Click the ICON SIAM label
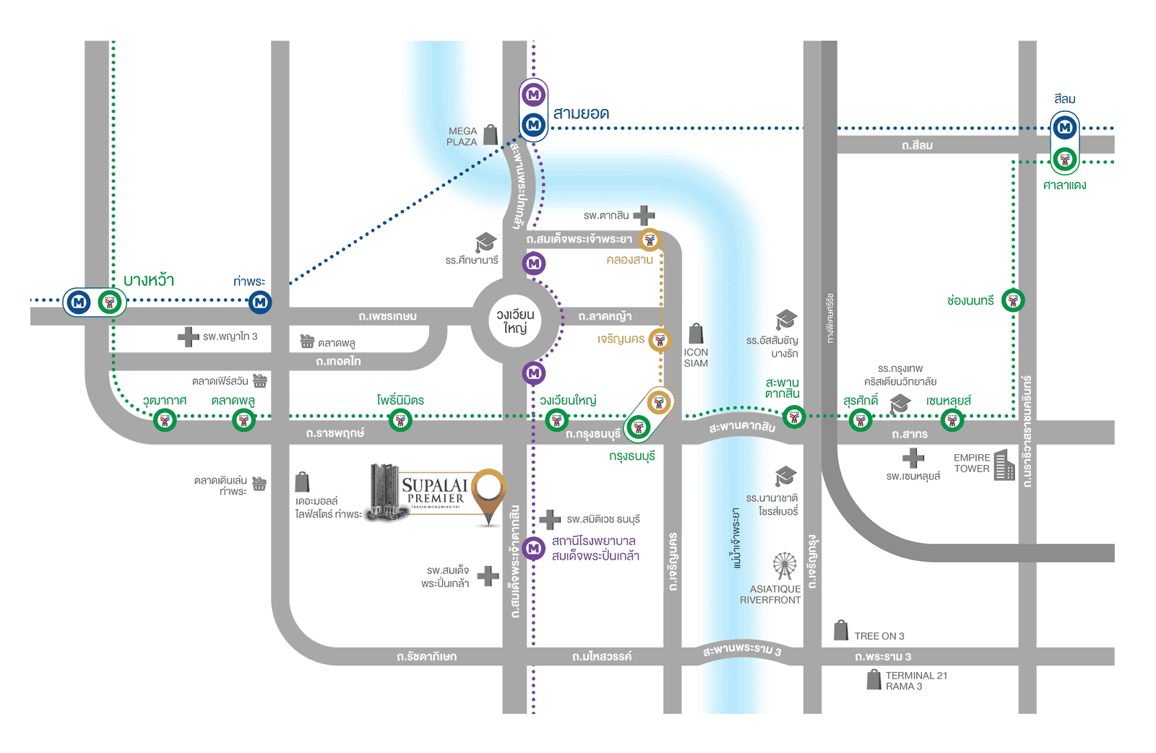click(x=696, y=358)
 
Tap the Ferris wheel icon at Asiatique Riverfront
click(x=784, y=566)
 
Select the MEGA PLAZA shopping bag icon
click(x=491, y=134)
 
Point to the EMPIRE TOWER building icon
click(x=1004, y=465)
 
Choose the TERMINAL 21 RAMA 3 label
click(x=915, y=681)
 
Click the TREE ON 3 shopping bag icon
click(x=840, y=630)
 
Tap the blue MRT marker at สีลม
click(x=1064, y=129)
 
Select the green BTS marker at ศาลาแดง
click(x=1064, y=160)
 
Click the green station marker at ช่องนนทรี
click(x=1013, y=300)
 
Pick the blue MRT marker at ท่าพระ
click(x=260, y=302)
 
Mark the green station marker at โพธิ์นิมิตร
click(x=400, y=420)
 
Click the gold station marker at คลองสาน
click(x=650, y=240)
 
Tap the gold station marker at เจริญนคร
click(x=659, y=339)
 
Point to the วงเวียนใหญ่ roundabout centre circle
click(x=515, y=322)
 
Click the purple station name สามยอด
click(x=581, y=113)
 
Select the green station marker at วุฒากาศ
click(x=165, y=420)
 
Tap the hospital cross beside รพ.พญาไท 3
click(x=189, y=336)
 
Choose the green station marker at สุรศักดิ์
click(x=860, y=420)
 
